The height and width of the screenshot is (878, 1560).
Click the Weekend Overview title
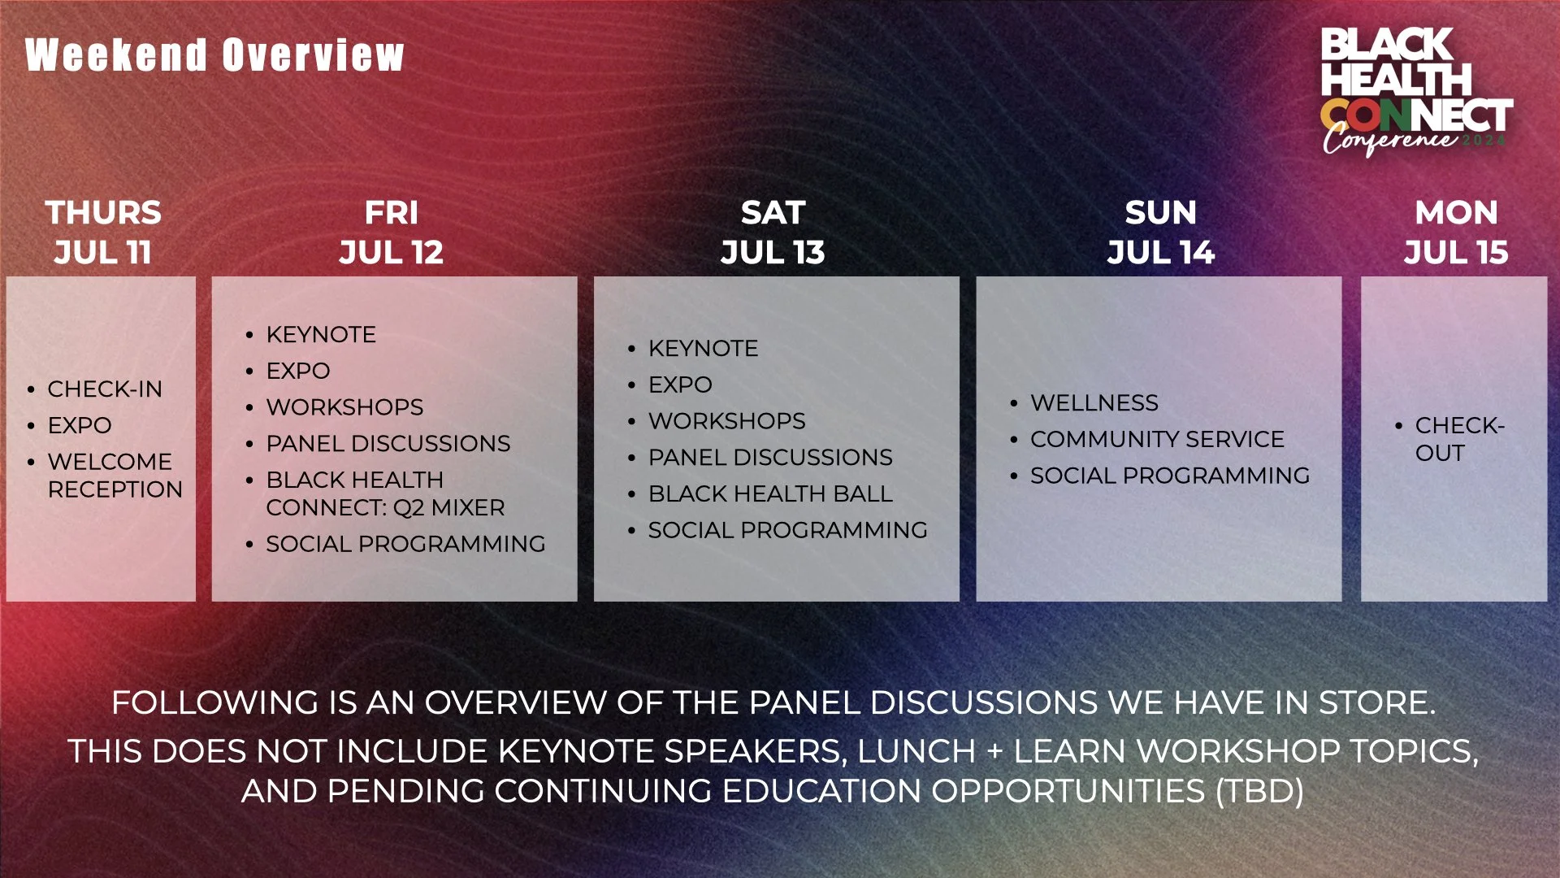click(x=214, y=55)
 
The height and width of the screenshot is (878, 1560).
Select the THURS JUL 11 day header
click(x=103, y=232)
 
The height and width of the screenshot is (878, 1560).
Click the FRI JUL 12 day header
click(x=391, y=232)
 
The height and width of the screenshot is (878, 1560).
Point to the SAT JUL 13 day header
click(x=773, y=232)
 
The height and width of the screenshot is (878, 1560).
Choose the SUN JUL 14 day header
click(x=1160, y=232)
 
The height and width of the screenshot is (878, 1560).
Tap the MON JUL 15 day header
click(x=1456, y=232)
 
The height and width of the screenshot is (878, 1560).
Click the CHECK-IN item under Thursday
click(x=105, y=389)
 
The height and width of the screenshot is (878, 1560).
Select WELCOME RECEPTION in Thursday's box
click(x=114, y=476)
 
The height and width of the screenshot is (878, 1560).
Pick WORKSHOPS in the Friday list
click(x=344, y=407)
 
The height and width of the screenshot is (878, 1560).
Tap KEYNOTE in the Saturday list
click(x=703, y=349)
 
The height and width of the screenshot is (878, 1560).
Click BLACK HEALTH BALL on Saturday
click(x=770, y=494)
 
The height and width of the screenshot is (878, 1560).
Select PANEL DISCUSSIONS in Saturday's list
click(x=770, y=458)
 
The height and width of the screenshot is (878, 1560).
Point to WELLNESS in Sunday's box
click(x=1094, y=403)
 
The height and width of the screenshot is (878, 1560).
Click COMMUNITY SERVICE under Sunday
click(x=1157, y=440)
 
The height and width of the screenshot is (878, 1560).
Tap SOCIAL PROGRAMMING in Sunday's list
click(x=1170, y=476)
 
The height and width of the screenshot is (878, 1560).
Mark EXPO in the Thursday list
click(x=80, y=426)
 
